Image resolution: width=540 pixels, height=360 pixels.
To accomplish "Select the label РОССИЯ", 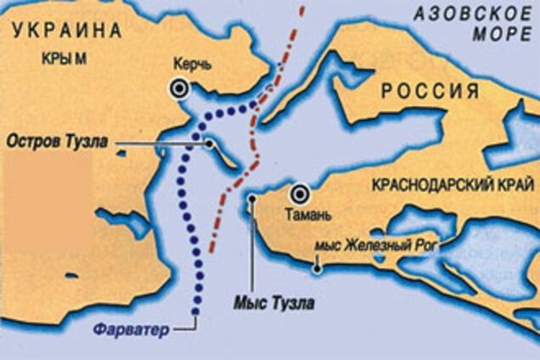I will point(429,90).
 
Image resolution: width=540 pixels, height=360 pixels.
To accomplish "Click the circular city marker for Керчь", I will point(180,87).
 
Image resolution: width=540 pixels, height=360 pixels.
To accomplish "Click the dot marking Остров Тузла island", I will point(209,144).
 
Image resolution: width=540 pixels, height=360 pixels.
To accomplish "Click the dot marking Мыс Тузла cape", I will point(252,200).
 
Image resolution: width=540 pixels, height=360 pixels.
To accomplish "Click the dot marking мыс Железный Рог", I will point(317,269).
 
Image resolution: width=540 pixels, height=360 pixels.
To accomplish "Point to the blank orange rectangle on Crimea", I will point(47,201).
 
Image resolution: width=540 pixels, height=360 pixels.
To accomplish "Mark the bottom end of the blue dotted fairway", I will point(194,313).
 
